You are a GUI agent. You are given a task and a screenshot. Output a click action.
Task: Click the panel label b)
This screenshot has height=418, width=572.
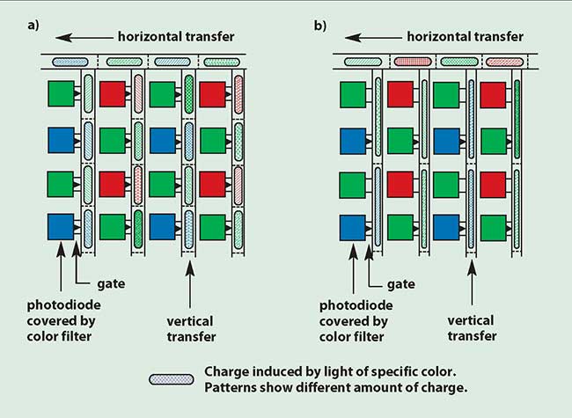(319, 24)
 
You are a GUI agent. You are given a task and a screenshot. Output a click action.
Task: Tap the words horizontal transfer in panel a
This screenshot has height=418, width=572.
(177, 37)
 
